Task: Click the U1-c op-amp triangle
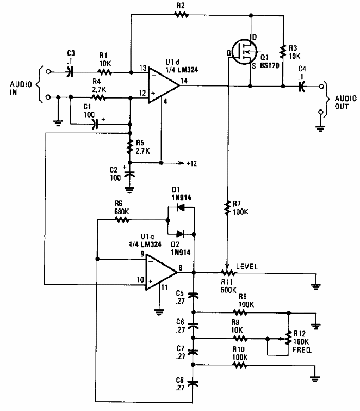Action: point(163,272)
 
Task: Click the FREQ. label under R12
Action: point(305,352)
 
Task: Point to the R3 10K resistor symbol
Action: point(283,52)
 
